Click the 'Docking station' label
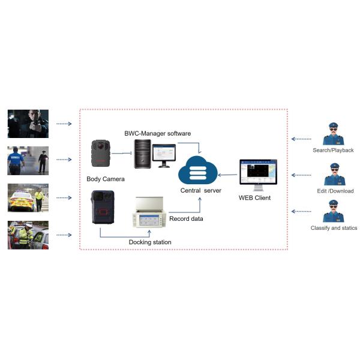pos(150,242)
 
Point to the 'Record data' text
pos(185,218)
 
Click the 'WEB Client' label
pos(254,197)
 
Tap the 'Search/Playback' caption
pos(333,150)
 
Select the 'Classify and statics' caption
pos(334,229)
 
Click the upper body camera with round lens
pos(100,154)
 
